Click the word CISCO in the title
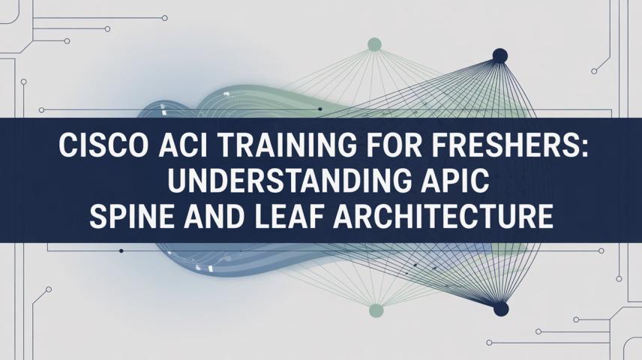(104, 145)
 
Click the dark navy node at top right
(500, 55)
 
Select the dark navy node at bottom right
(501, 308)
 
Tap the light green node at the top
(374, 44)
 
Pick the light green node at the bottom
(376, 310)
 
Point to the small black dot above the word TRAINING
(319, 109)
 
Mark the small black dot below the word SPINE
(121, 250)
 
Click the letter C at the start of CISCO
(68, 145)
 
